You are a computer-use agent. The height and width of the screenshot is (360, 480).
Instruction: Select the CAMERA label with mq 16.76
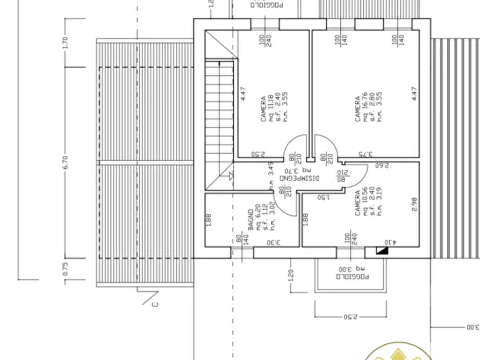[358, 109]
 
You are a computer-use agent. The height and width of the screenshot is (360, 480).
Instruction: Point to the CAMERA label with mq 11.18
[263, 109]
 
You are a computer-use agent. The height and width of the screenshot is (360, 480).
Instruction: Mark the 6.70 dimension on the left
[66, 163]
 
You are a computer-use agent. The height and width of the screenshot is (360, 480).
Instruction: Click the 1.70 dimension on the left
[66, 43]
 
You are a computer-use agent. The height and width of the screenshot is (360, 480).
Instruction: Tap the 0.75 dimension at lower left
[66, 269]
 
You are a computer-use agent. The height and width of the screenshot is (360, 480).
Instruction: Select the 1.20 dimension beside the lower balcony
[291, 275]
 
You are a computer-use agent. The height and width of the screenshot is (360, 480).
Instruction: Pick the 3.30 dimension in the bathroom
[274, 242]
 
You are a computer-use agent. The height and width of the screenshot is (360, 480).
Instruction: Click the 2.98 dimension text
[414, 204]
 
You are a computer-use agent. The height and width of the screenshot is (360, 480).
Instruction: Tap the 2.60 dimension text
[382, 165]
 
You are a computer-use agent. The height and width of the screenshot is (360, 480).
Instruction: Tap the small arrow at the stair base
[231, 175]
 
